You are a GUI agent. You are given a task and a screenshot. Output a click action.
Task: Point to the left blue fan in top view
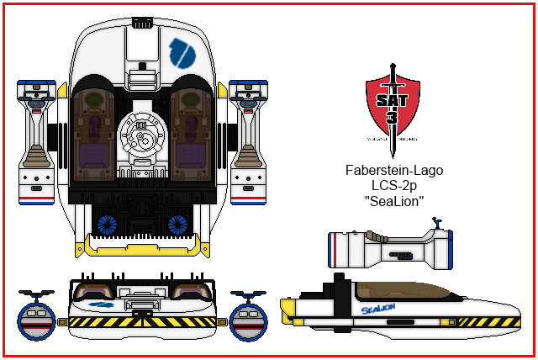[x=106, y=224]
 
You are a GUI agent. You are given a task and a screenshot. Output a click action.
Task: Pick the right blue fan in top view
[x=178, y=224]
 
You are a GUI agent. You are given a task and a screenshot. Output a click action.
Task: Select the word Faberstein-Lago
[x=394, y=170]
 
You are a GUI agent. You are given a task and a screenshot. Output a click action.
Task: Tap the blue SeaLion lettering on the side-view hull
[x=377, y=310]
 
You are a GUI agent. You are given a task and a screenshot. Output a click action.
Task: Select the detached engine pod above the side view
[x=389, y=249]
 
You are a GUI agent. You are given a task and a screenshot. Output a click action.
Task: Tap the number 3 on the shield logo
[x=393, y=117]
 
